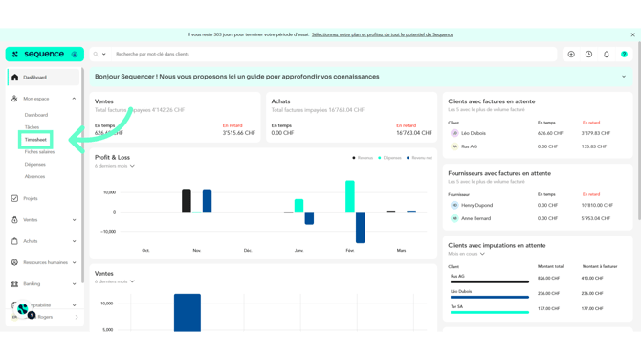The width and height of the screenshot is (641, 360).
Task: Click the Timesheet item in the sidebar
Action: click(35, 140)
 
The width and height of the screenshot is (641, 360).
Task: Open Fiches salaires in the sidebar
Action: click(39, 152)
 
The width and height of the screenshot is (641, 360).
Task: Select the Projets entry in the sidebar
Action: click(31, 199)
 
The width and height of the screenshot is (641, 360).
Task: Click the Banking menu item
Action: click(32, 284)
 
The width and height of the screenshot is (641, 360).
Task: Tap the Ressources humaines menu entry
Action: click(45, 262)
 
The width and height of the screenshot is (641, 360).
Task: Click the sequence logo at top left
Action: click(44, 55)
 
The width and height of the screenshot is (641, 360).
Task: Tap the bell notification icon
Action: click(607, 55)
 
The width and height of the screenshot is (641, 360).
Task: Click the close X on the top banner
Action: click(632, 34)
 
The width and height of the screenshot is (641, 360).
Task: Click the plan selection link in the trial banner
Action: click(383, 34)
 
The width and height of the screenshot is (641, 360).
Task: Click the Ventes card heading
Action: click(104, 101)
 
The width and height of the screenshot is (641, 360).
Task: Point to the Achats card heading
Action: click(280, 101)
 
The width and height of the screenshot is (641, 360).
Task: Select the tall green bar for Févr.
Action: click(350, 195)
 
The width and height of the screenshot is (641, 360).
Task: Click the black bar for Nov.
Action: click(187, 200)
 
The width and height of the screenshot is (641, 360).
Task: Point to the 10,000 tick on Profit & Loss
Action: click(108, 192)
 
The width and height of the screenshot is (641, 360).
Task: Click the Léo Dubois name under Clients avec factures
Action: click(474, 134)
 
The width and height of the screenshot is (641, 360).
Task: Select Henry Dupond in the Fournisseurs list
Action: click(476, 205)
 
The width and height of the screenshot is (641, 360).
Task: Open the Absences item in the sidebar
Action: click(34, 177)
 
